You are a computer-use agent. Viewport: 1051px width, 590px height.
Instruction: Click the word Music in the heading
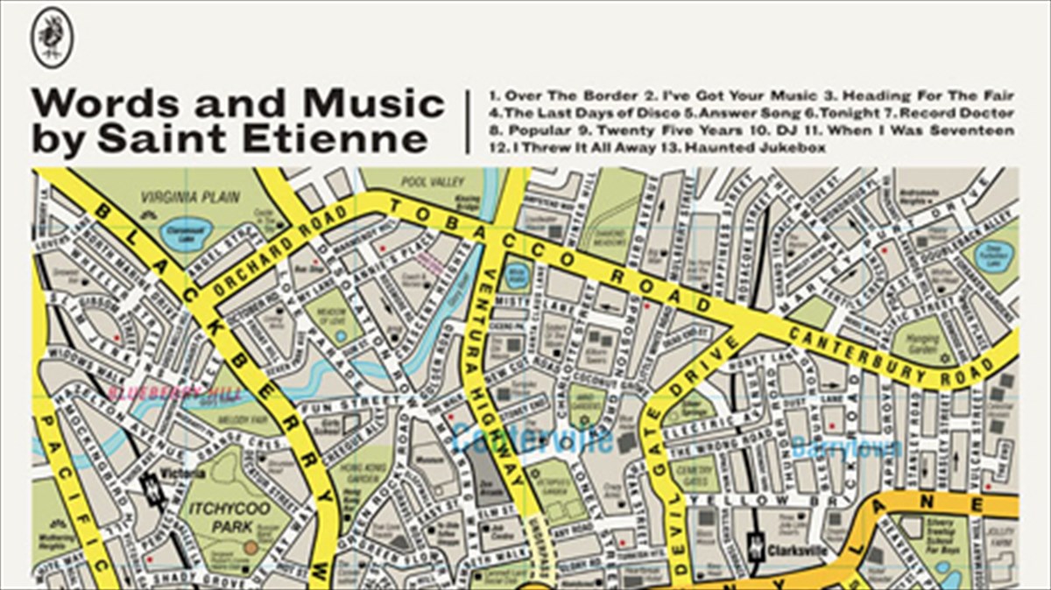click(384, 103)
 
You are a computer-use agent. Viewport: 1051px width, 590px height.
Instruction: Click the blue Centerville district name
click(532, 438)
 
